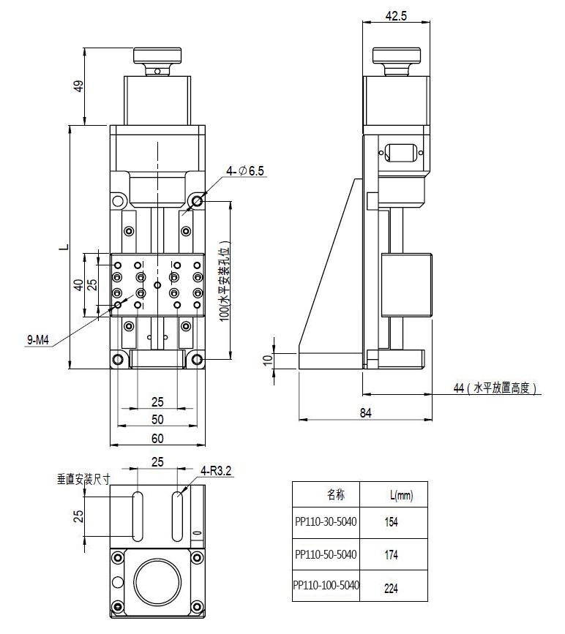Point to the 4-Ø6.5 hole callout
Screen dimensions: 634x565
click(245, 171)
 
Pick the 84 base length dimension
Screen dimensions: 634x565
click(366, 413)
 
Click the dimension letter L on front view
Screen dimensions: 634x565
click(64, 247)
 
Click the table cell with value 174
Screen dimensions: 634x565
click(392, 555)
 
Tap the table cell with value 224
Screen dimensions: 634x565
click(392, 586)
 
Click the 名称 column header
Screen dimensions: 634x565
click(335, 495)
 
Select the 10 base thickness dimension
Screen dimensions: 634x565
click(268, 359)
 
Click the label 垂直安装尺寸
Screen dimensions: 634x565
click(83, 480)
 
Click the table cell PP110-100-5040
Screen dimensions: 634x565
click(326, 586)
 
